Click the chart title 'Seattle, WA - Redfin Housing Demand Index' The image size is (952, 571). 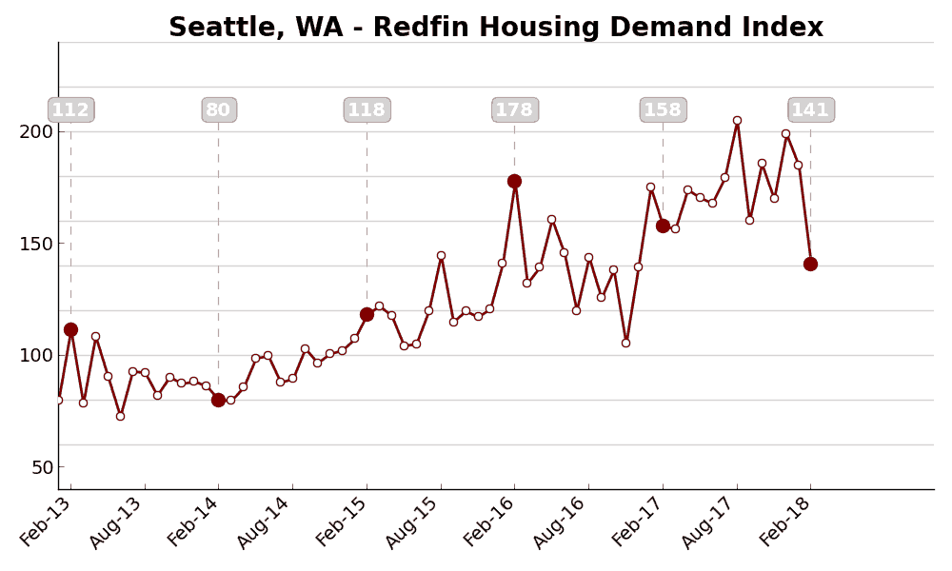[495, 28]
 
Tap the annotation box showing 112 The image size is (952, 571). [70, 110]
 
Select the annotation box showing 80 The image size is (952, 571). [218, 110]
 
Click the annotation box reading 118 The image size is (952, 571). [367, 110]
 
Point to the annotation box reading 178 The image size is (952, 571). [514, 110]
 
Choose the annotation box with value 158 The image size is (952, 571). [663, 110]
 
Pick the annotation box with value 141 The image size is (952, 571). [810, 110]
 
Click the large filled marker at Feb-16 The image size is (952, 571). [514, 181]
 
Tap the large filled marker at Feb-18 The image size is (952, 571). [810, 264]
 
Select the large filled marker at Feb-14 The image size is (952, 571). [218, 400]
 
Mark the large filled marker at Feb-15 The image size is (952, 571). [367, 314]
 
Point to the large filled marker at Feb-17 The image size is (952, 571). [663, 226]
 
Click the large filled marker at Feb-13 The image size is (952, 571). [70, 329]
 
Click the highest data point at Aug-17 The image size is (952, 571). [737, 120]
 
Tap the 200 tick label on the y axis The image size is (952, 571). [36, 131]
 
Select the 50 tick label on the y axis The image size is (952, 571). [42, 467]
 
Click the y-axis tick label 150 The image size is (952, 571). [36, 244]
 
